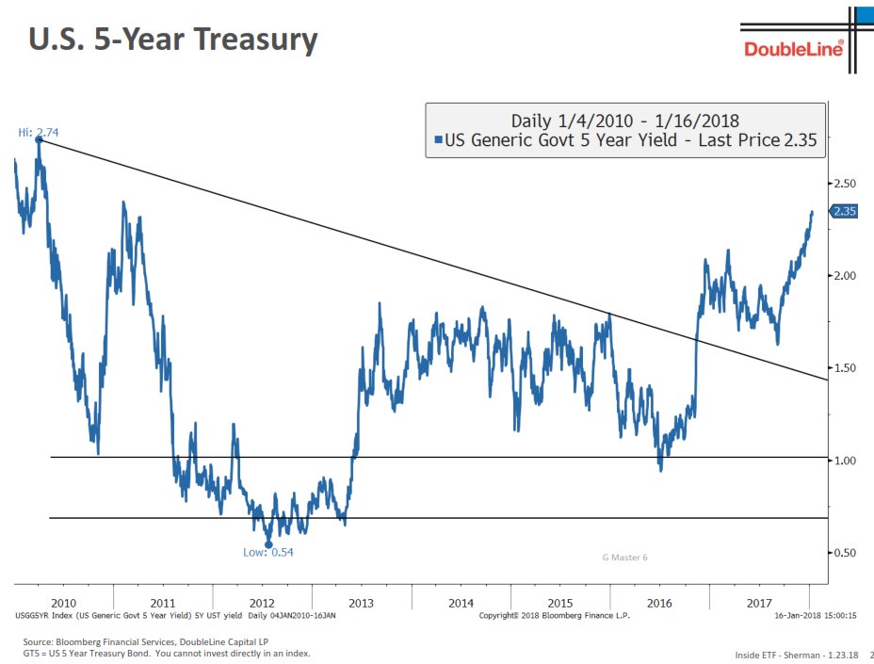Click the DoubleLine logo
(x=793, y=49)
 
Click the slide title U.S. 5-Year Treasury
(x=172, y=40)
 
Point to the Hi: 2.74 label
(x=39, y=133)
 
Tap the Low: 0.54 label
(x=268, y=552)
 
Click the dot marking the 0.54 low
(x=268, y=543)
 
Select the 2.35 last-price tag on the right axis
(x=844, y=212)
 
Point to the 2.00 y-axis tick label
(x=844, y=275)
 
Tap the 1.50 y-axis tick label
(x=844, y=367)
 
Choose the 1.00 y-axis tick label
(x=844, y=460)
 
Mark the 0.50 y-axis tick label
(x=844, y=552)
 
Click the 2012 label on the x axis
(x=262, y=603)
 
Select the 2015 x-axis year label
(x=560, y=603)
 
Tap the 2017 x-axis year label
(x=759, y=603)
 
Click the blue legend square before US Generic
(x=438, y=142)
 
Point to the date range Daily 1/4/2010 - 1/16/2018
(x=624, y=121)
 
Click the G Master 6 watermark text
(x=624, y=558)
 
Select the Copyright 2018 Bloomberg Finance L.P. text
(x=555, y=615)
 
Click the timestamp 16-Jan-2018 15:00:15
(x=816, y=615)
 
